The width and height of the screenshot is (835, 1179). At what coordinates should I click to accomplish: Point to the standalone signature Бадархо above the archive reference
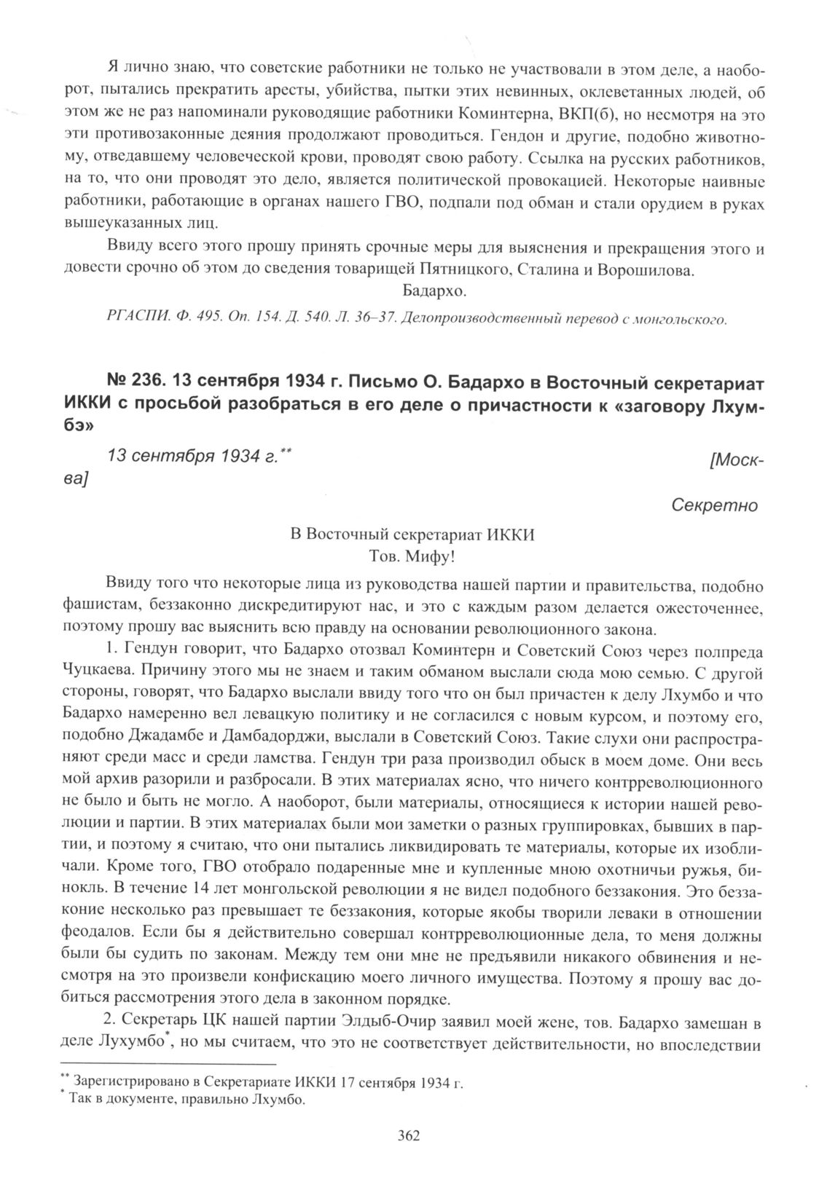(x=434, y=292)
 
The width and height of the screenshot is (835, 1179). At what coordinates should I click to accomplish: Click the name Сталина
(x=544, y=269)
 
